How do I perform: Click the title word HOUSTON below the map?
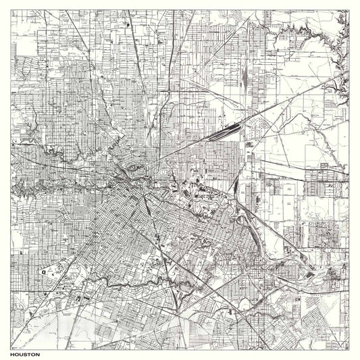(x=25, y=353)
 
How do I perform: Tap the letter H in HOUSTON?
(x=14, y=353)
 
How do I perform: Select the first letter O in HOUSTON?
(x=18, y=353)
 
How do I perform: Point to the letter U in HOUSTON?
(x=22, y=353)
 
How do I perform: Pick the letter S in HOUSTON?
(x=26, y=353)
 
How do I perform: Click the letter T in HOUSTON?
(x=29, y=353)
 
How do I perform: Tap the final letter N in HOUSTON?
(x=37, y=353)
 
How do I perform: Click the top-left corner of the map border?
(x=11, y=10)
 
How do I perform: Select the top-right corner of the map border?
(x=349, y=10)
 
